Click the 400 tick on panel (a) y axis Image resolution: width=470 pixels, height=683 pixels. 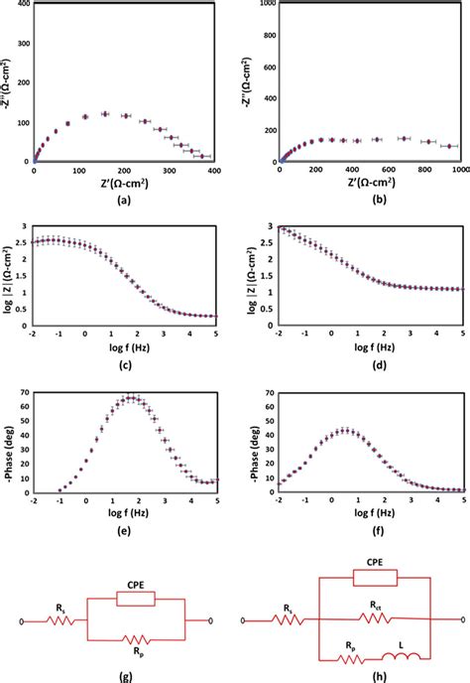tap(21, 5)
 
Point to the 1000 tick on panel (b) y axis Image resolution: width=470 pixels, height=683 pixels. tap(264, 5)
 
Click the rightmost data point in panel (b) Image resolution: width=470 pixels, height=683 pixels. tap(449, 146)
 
